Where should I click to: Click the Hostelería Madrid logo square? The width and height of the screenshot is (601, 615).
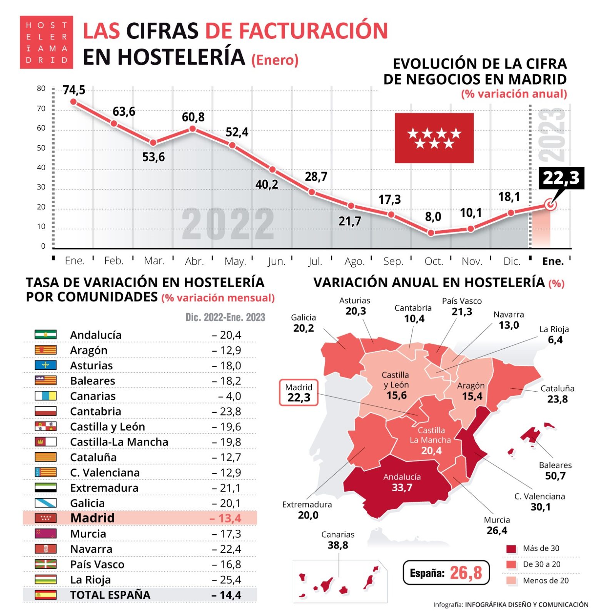46,42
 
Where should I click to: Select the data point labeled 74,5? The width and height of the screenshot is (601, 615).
73,102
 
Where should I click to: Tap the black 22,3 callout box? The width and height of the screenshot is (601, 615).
561,178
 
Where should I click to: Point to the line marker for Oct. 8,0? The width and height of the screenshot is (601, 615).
431,233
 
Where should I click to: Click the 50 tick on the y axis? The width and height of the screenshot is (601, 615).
41,148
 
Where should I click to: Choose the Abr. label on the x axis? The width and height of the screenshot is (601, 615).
194,261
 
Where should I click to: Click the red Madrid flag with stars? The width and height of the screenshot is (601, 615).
434,138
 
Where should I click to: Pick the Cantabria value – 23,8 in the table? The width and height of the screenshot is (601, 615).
227,412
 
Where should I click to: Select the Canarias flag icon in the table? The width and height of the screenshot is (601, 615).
45,396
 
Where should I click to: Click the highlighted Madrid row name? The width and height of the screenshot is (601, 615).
92,518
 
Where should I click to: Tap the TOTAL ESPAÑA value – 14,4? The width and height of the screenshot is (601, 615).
227,595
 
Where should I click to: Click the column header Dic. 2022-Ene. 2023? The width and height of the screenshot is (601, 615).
225,317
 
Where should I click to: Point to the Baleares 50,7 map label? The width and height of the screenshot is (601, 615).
555,471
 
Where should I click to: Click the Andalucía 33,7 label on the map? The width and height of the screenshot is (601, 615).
402,482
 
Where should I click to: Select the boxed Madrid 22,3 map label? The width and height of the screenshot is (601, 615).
299,392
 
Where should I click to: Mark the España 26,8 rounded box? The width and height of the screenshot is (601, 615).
446,573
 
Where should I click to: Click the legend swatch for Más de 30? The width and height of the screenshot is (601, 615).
511,549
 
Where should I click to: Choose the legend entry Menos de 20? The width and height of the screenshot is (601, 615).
545,580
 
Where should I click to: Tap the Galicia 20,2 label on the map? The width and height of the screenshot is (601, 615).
303,323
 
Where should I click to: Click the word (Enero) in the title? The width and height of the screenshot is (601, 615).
275,60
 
